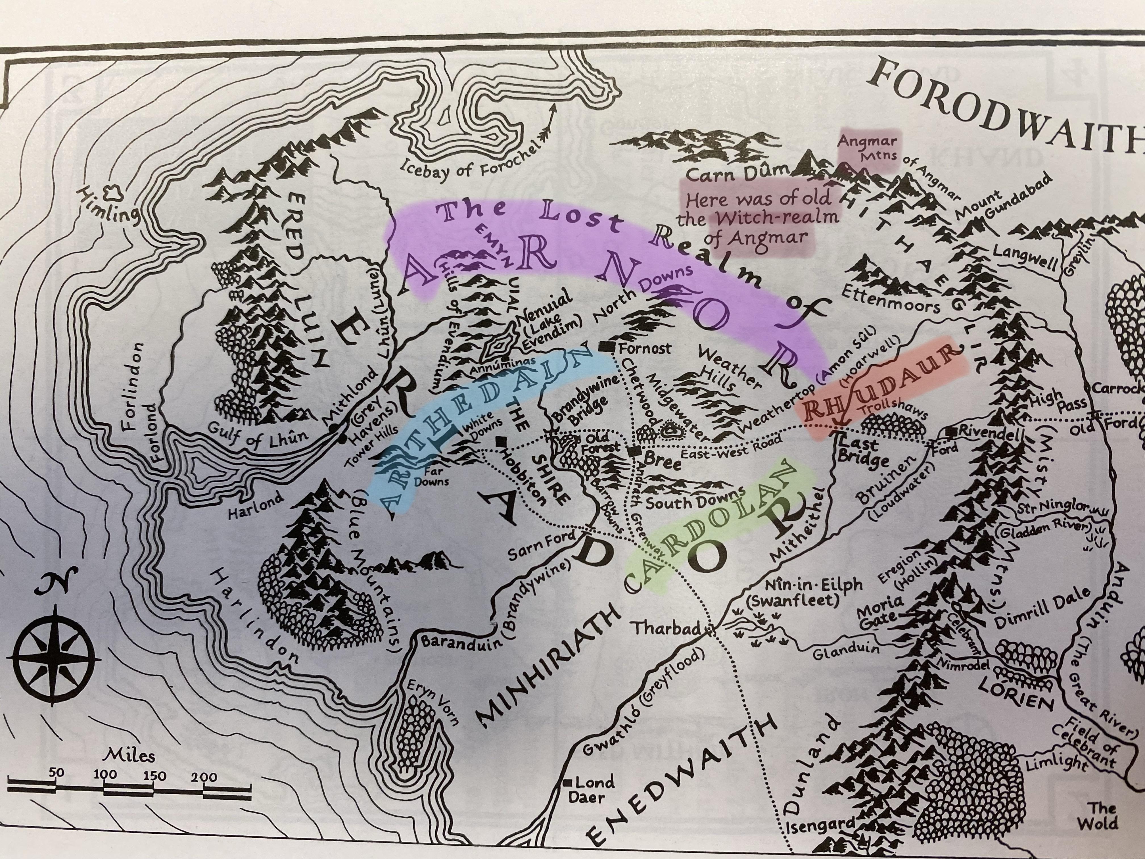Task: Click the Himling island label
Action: click(109, 206)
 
